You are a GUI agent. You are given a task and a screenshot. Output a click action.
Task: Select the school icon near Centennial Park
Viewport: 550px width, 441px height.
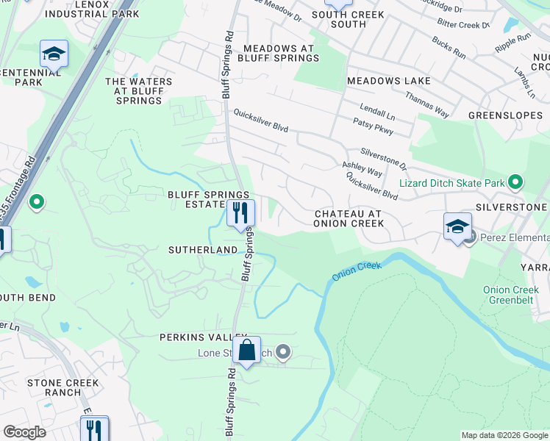click(54, 54)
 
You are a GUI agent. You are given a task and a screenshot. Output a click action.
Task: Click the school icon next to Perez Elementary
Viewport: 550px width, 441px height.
click(457, 226)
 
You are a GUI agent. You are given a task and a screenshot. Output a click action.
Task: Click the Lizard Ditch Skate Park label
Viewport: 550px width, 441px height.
click(451, 182)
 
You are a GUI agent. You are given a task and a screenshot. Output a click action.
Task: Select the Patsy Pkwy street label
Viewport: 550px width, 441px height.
click(374, 125)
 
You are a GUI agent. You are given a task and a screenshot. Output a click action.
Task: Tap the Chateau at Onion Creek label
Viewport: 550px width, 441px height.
click(349, 218)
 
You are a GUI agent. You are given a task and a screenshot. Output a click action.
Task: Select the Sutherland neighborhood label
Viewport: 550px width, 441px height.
click(203, 250)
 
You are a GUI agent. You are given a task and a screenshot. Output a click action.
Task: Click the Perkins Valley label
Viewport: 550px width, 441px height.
click(195, 337)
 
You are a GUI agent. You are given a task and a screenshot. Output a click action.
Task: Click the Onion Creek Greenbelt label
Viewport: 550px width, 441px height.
click(512, 295)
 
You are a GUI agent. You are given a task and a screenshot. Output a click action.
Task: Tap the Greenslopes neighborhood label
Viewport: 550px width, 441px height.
click(506, 115)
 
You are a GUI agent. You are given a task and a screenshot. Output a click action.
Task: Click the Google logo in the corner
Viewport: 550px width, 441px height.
click(25, 431)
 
